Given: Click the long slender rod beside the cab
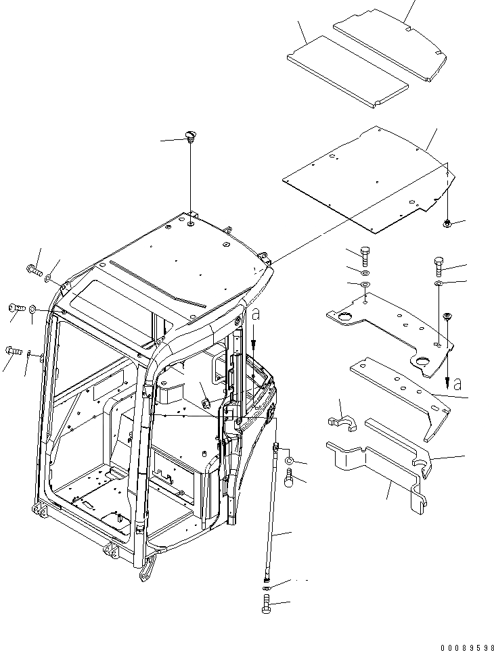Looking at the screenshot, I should [272, 514].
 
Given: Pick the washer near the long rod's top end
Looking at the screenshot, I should [289, 460].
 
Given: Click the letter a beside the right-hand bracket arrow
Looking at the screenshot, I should [457, 384].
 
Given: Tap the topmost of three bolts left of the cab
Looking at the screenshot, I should [35, 271].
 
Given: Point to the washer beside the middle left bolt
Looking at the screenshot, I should [32, 309].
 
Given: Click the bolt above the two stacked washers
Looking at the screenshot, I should [365, 256].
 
